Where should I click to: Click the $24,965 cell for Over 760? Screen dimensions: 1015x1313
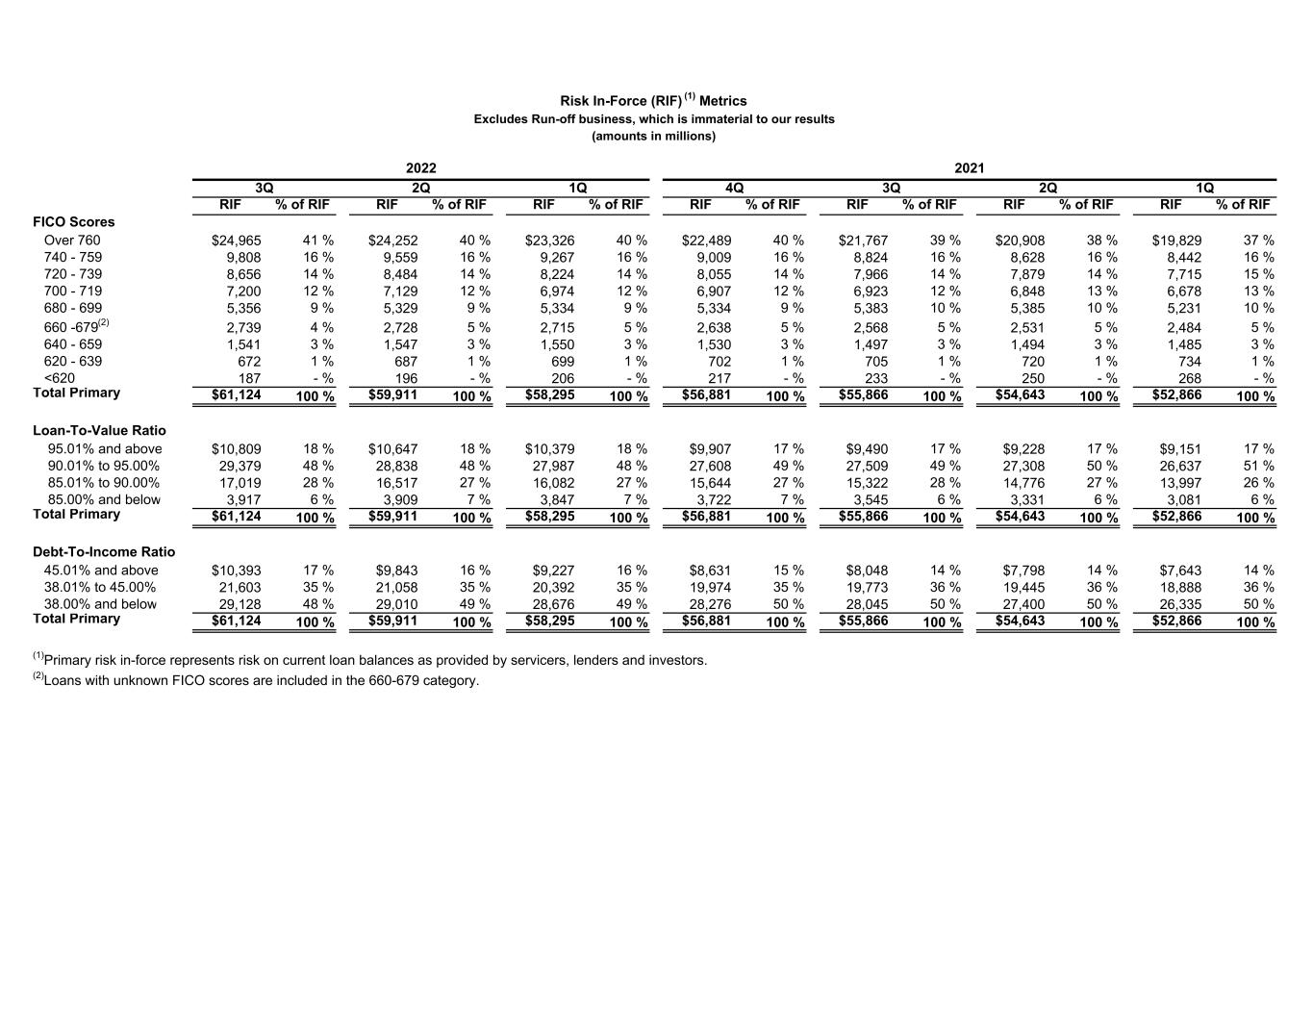coord(236,241)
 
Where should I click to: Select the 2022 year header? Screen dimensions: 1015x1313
coord(421,168)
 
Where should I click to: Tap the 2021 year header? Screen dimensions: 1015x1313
coord(970,168)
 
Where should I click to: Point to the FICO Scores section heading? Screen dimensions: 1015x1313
coord(73,222)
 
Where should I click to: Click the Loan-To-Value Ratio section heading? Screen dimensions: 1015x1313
coord(99,430)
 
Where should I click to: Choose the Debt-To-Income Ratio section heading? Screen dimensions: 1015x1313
coord(104,552)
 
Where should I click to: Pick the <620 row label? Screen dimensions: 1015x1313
coord(59,378)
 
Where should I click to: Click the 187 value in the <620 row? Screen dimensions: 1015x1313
coord(249,379)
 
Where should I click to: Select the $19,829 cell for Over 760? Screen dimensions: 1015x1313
coord(1176,241)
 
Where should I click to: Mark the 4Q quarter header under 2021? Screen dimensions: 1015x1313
coord(734,189)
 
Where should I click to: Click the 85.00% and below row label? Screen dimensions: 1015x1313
coord(104,500)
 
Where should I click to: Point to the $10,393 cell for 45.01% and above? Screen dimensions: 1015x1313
coord(236,571)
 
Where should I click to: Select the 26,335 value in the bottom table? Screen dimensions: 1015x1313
coord(1180,605)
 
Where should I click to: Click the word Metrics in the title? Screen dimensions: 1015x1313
coord(723,101)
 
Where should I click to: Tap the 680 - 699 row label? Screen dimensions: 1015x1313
coord(73,309)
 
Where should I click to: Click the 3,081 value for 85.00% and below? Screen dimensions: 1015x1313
coord(1182,500)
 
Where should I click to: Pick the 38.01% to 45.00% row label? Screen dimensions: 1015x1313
coord(100,588)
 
